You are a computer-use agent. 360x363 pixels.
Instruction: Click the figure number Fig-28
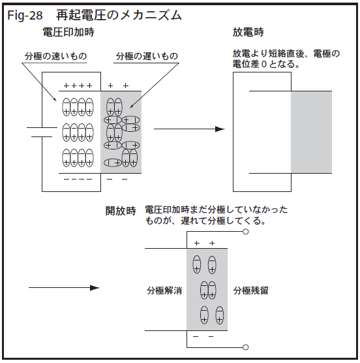click(x=25, y=16)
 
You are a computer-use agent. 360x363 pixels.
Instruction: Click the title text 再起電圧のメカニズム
click(x=119, y=15)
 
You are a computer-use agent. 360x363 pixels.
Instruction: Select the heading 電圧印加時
click(x=68, y=32)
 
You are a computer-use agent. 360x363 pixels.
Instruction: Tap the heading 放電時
click(x=248, y=32)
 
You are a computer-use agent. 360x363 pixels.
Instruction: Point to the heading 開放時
click(x=121, y=211)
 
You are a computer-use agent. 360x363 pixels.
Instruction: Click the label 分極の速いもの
click(x=55, y=56)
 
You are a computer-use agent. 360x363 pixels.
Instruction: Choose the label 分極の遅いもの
click(x=147, y=56)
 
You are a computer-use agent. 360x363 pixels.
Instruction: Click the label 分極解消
click(x=164, y=291)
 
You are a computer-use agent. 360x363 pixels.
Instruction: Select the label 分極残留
click(x=250, y=291)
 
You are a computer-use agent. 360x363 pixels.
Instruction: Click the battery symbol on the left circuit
click(x=42, y=132)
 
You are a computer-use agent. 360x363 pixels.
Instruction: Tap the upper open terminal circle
click(x=246, y=232)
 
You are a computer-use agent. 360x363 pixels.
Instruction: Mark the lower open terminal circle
click(x=246, y=347)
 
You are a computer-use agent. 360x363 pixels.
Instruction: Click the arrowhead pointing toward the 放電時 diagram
click(x=220, y=129)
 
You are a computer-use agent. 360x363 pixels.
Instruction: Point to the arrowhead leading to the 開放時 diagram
click(x=95, y=288)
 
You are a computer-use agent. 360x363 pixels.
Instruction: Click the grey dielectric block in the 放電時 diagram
click(x=312, y=132)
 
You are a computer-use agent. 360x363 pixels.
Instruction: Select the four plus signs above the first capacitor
click(x=78, y=86)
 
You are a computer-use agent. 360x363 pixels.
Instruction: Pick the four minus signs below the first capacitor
click(x=78, y=179)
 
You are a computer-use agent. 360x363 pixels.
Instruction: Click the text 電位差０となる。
click(x=266, y=64)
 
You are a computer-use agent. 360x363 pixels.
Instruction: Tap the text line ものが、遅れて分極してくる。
click(x=205, y=221)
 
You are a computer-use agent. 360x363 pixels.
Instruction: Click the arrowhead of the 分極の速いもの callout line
click(x=55, y=99)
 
